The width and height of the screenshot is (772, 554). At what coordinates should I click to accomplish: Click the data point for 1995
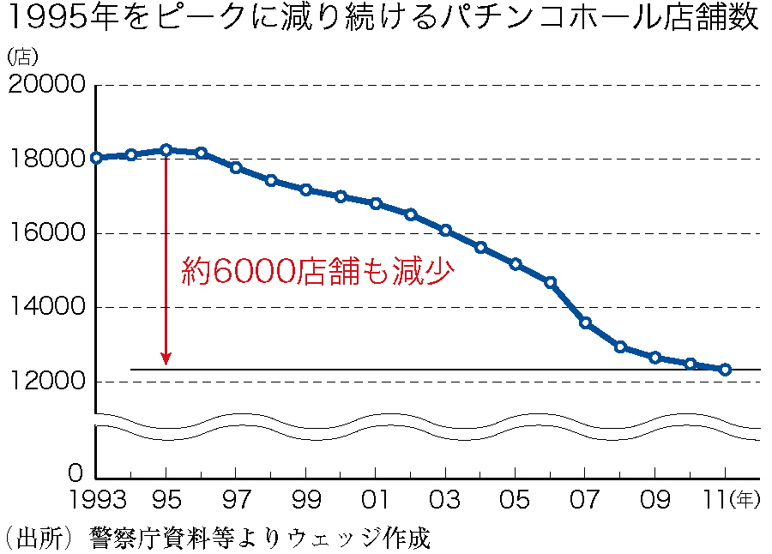click(166, 150)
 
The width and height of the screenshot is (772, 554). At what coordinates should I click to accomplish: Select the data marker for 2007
click(585, 322)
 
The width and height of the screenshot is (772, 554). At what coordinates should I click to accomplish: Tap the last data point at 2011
click(725, 370)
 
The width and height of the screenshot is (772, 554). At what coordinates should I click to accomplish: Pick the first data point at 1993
click(96, 158)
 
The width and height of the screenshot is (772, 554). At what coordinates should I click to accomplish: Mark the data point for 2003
click(445, 230)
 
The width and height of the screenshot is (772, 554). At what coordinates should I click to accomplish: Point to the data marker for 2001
click(376, 203)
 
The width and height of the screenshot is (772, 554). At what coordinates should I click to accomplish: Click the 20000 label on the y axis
click(46, 86)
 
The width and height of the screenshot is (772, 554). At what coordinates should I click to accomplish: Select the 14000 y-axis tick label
click(46, 307)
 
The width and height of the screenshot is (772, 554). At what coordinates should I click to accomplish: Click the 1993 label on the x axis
click(95, 500)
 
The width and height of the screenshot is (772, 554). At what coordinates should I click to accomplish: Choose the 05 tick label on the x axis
click(515, 500)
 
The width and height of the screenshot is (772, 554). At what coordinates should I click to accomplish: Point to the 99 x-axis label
click(305, 500)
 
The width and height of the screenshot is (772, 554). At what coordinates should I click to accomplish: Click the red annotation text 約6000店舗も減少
click(317, 271)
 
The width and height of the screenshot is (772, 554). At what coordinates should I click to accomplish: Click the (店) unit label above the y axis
click(22, 57)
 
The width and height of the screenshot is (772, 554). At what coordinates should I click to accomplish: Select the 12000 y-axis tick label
click(46, 382)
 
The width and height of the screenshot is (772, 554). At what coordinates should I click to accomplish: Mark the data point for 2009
click(655, 358)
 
